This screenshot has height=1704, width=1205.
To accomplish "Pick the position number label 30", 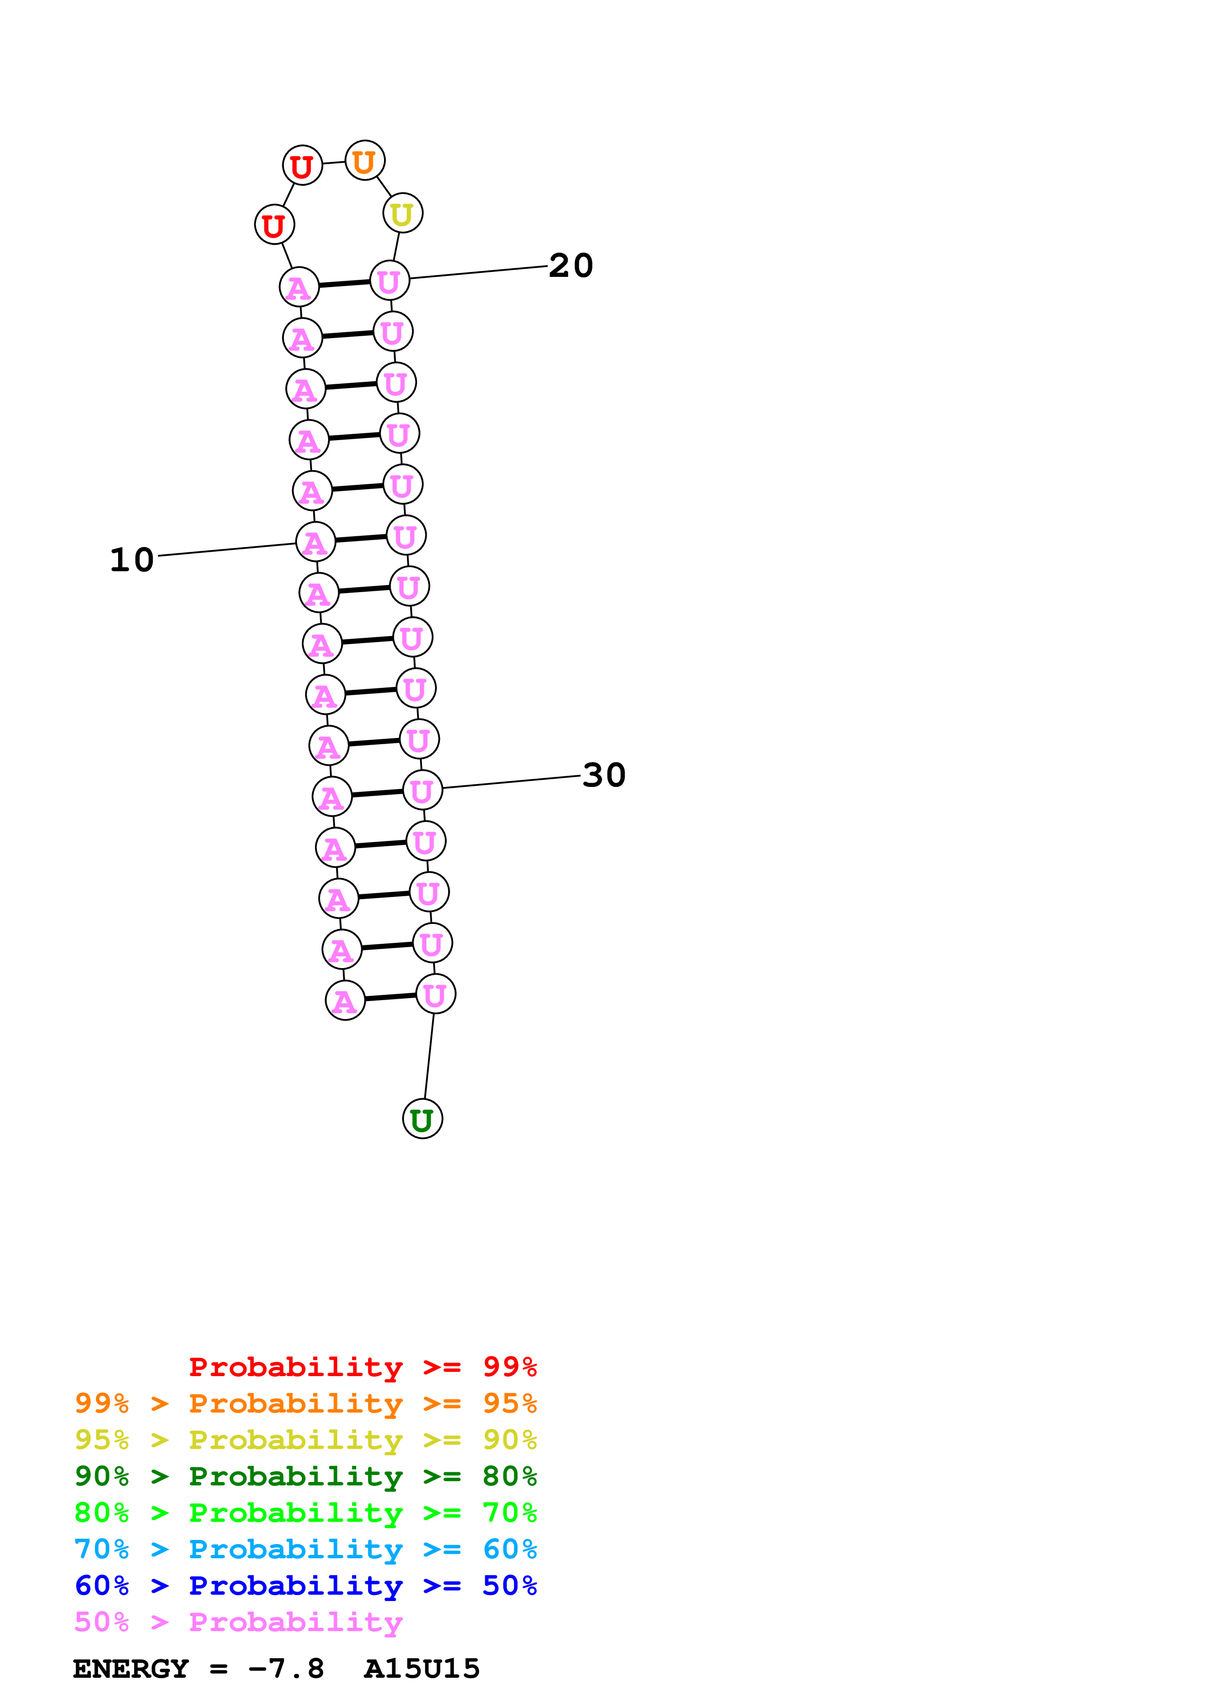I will tap(604, 776).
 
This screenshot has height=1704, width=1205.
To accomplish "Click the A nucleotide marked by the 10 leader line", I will tap(315, 543).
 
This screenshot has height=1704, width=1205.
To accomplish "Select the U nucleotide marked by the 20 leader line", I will tap(390, 281).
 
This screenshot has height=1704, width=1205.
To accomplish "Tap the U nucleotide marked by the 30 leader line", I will tap(422, 790).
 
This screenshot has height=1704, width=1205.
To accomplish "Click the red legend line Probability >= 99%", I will tap(362, 1367).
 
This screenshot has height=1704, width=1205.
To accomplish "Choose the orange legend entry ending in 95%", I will tap(305, 1403).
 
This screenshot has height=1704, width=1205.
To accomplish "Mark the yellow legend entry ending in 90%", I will tap(305, 1440).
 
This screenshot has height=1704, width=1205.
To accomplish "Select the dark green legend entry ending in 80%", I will tap(305, 1476).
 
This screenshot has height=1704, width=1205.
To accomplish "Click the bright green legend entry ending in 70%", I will tap(305, 1513).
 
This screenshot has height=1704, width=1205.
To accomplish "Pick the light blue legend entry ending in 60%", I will tap(305, 1549).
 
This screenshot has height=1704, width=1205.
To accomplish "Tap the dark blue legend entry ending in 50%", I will tap(305, 1585).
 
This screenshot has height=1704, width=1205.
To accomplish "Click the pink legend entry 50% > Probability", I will tap(238, 1621).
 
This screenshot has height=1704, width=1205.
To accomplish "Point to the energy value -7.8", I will tap(287, 1669).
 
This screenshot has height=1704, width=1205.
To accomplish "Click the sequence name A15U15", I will tap(422, 1669).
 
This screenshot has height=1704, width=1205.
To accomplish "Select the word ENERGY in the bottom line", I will tap(131, 1669).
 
